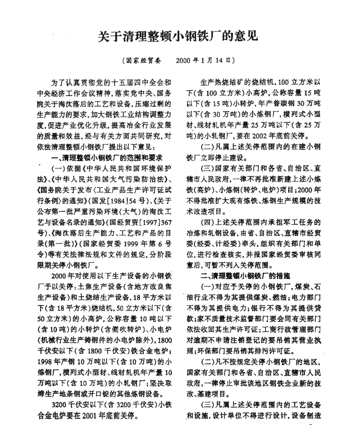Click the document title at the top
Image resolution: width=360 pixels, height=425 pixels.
179,37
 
